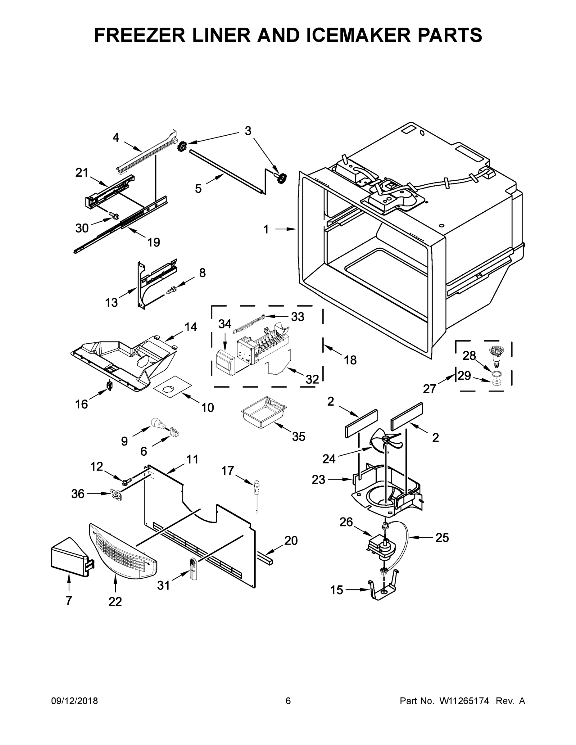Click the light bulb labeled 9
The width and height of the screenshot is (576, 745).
(157, 423)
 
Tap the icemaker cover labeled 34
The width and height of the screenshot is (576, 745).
(224, 363)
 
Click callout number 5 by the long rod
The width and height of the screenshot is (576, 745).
(198, 188)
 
